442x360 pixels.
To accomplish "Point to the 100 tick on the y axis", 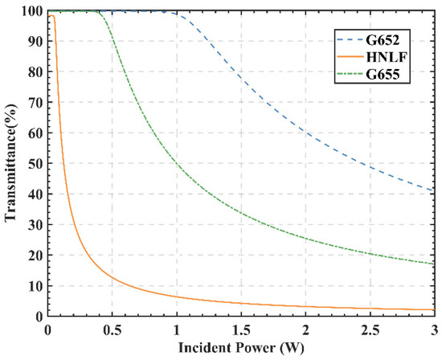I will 32,11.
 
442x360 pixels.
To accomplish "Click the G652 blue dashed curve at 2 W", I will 305,133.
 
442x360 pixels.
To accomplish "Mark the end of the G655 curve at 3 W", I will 433,264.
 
